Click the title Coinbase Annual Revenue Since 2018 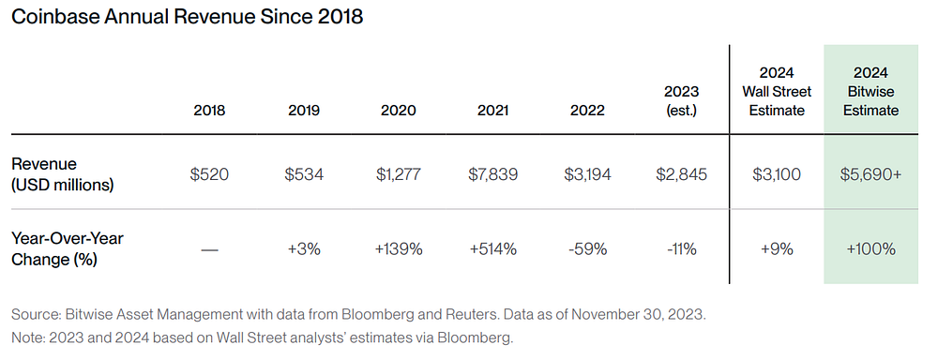188,16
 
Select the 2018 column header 209,111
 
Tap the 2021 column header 493,111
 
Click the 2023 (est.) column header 681,101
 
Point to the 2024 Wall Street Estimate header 777,92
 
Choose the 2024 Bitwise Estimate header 870,92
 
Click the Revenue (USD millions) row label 62,174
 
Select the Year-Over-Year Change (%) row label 67,248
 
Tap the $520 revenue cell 209,174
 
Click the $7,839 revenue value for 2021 493,174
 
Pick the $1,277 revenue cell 399,174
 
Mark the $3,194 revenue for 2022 587,174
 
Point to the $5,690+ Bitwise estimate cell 870,174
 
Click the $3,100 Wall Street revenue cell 777,174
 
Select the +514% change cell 493,248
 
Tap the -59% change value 587,248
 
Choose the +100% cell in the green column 870,248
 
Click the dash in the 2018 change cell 209,250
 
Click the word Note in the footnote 24,337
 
